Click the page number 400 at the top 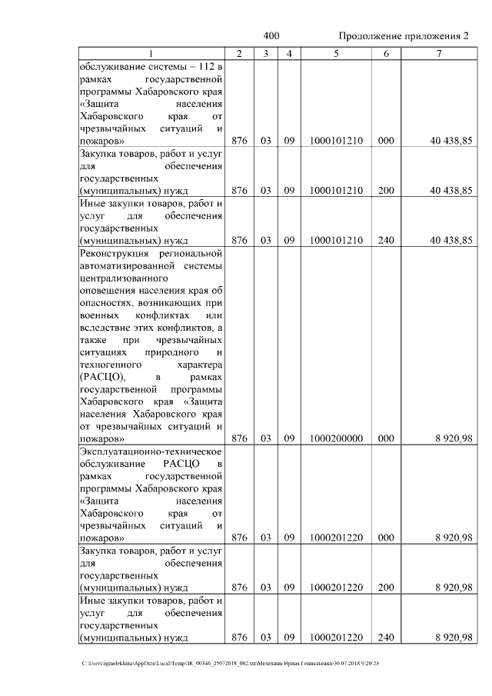point(271,36)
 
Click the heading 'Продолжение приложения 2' point(403,36)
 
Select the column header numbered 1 point(151,54)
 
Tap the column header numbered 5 point(335,54)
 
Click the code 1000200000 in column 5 point(335,438)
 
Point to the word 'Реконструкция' point(113,252)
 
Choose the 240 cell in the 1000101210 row point(386,240)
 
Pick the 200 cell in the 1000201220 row point(386,588)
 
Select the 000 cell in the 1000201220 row point(386,538)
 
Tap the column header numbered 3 point(264,54)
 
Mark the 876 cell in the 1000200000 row point(239,438)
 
